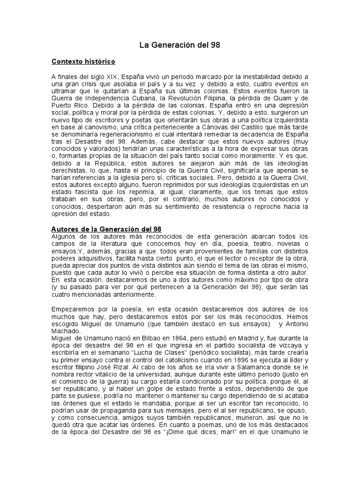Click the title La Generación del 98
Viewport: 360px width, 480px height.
tap(180, 45)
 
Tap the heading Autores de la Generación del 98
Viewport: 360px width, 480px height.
tap(106, 229)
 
